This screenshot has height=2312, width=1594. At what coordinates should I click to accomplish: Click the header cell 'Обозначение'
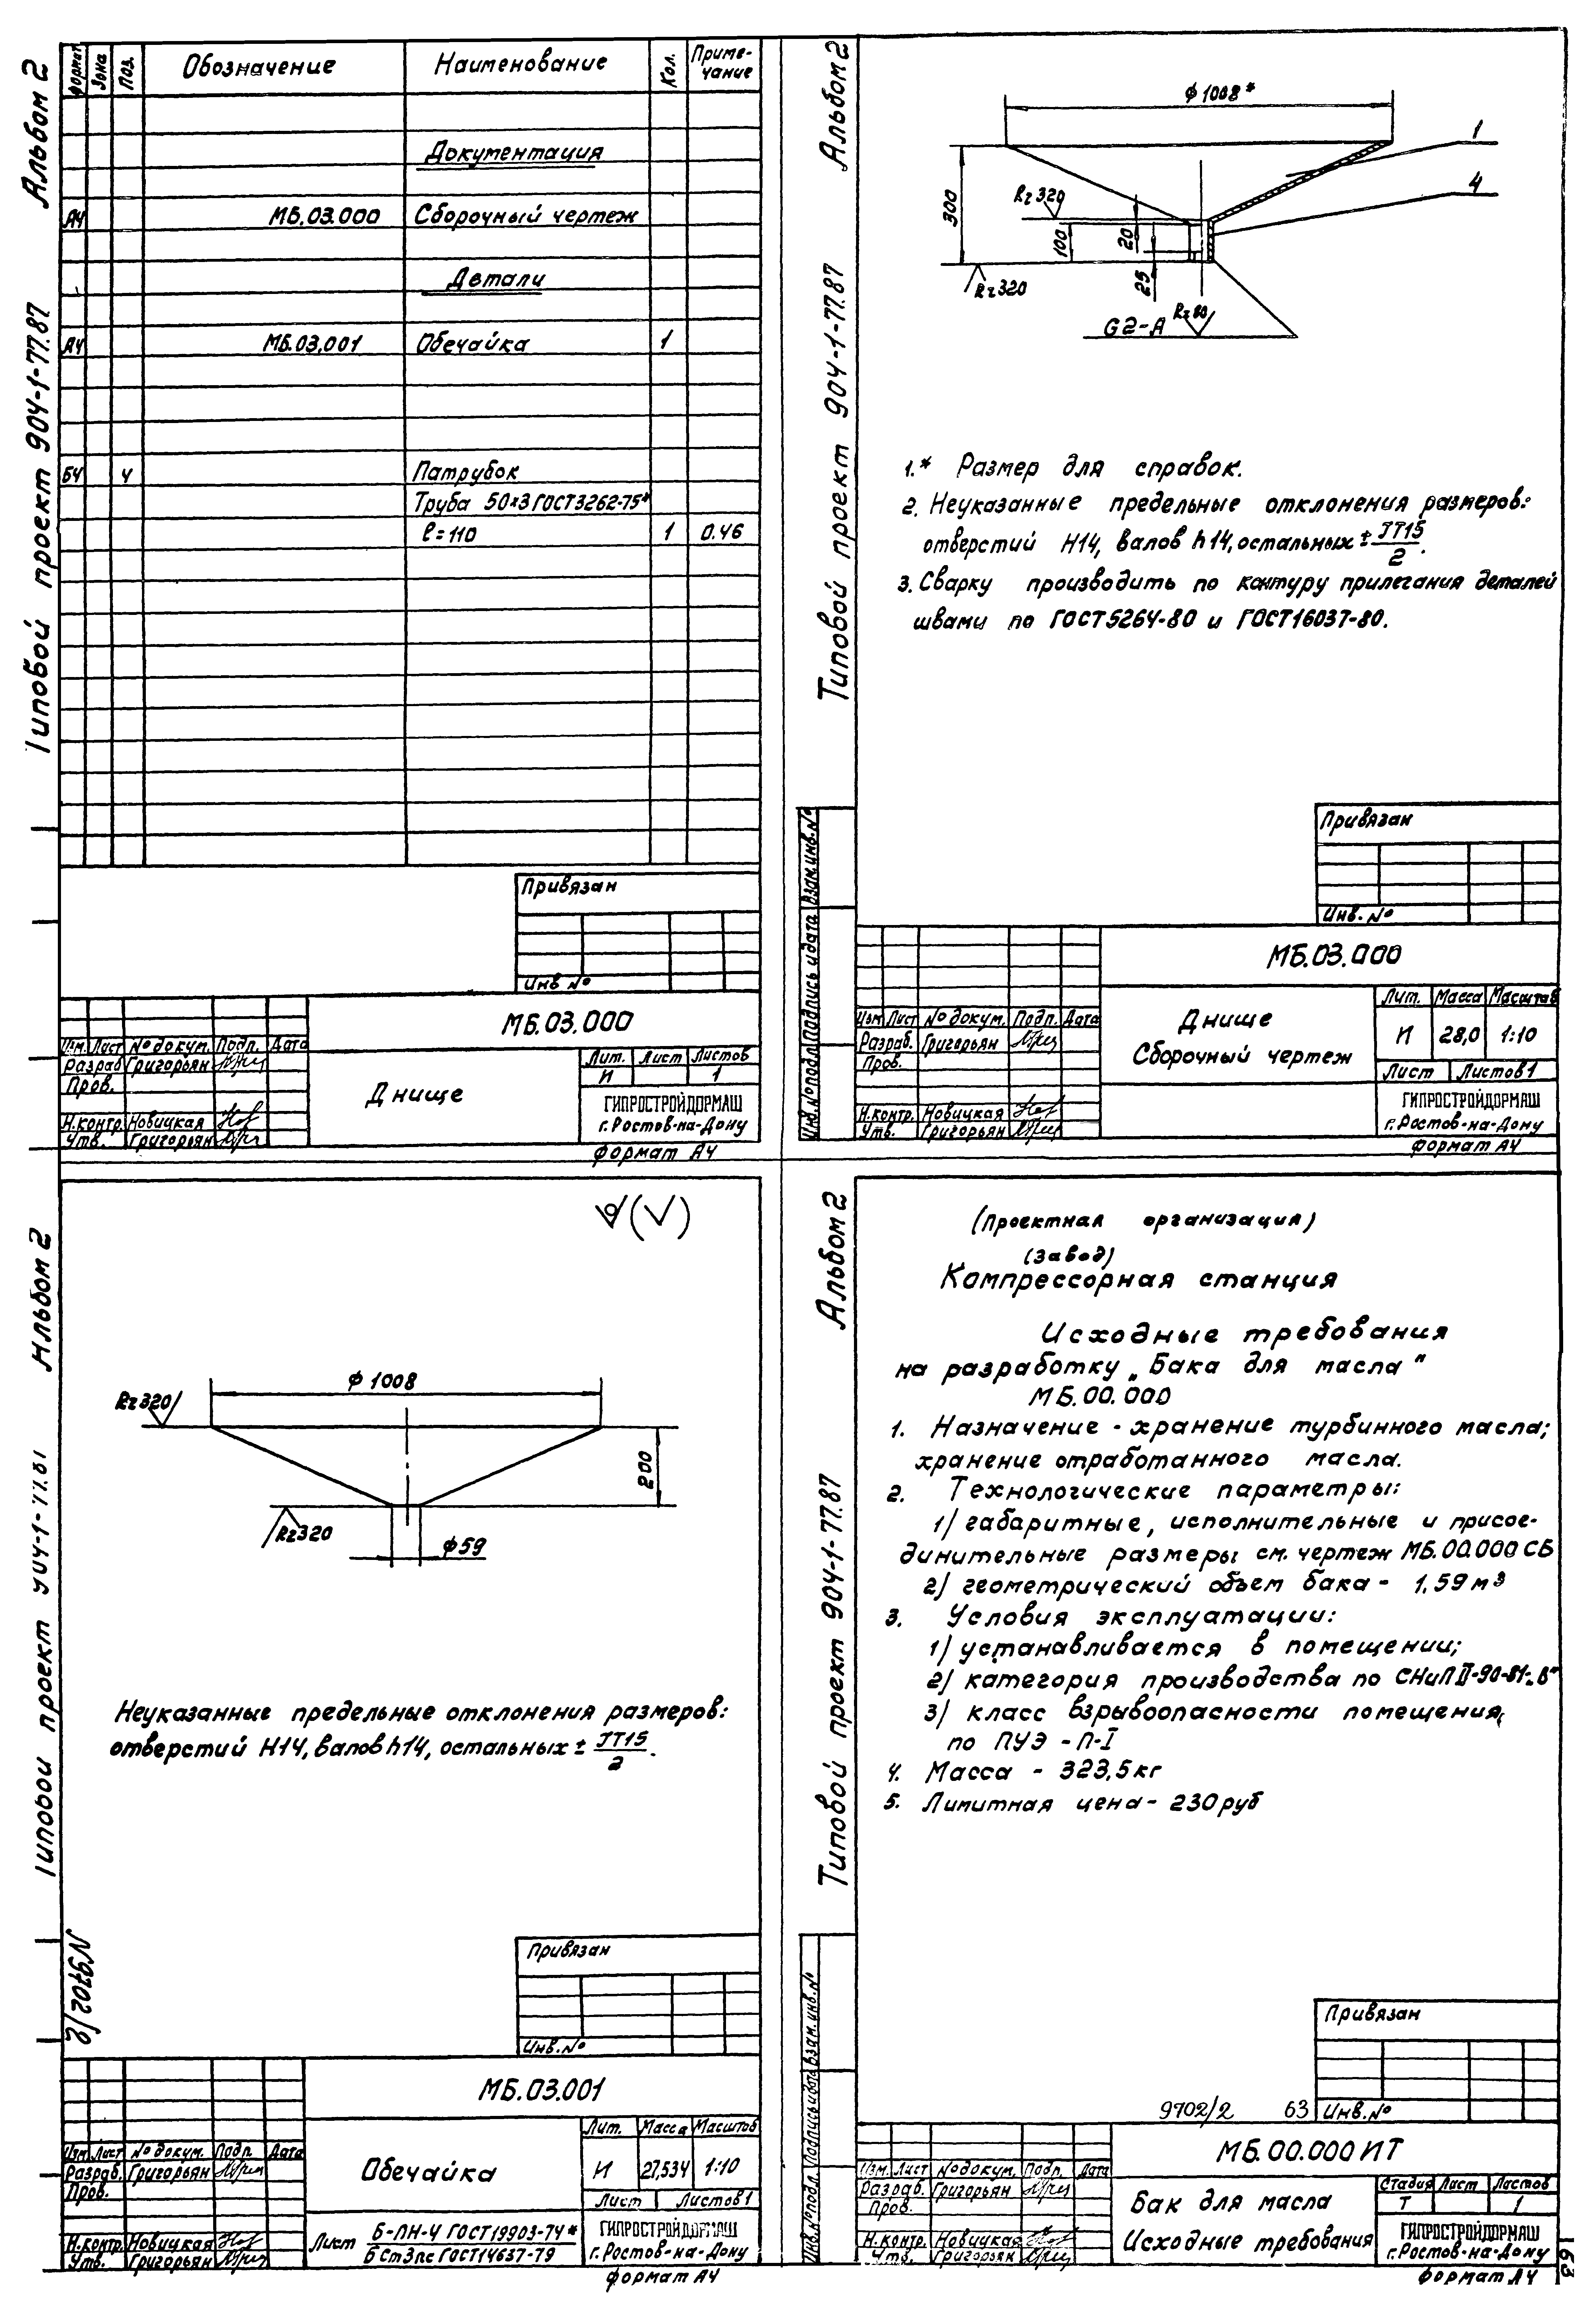258,67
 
